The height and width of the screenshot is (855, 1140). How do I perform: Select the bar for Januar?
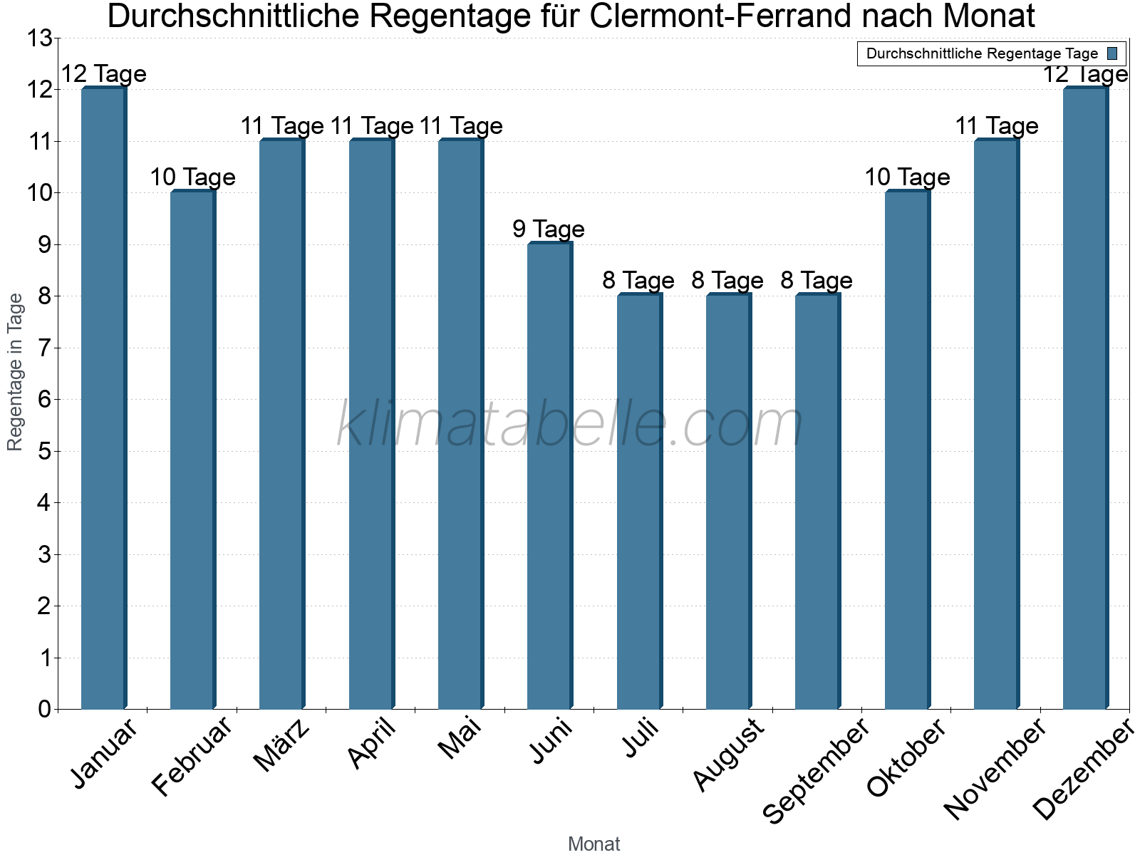point(104,399)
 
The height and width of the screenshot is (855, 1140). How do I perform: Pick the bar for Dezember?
point(1086,399)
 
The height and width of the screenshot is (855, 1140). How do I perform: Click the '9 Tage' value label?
point(549,229)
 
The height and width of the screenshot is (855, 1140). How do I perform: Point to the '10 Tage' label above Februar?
point(192,177)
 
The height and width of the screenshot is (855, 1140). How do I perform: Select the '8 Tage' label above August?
point(727,281)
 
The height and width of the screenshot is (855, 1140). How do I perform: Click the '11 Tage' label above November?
point(996,126)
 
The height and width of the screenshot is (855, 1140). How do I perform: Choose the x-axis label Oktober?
point(906,757)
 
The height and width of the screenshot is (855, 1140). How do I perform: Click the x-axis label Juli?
point(641,738)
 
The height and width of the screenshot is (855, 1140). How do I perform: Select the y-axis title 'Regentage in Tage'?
point(16,372)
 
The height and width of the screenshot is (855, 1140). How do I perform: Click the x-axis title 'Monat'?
point(594,844)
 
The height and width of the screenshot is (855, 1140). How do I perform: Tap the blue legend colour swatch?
point(1112,53)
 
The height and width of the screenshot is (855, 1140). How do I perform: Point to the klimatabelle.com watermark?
point(570,425)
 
